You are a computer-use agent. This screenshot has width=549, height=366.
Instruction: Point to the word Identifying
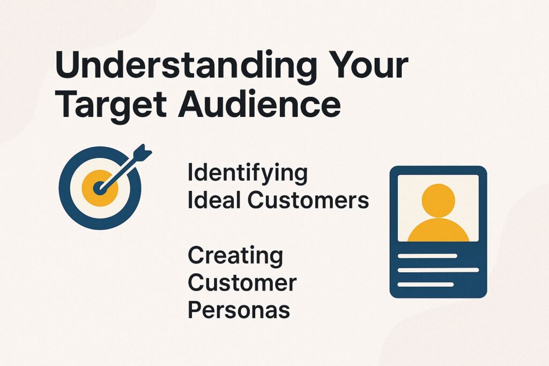[x=247, y=174]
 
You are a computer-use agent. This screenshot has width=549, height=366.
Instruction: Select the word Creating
[x=235, y=256]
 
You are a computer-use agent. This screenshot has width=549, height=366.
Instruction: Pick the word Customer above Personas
[x=241, y=283]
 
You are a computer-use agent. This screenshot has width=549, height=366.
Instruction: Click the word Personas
[x=239, y=310]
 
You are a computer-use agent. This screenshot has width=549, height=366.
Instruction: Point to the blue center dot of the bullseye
[x=98, y=189]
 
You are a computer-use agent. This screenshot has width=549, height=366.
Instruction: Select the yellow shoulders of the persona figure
[x=438, y=230]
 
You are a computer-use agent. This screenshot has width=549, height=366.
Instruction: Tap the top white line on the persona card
[x=427, y=256]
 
